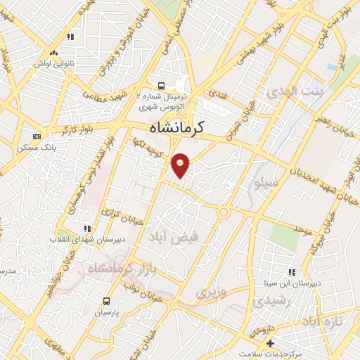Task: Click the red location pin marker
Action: (x=181, y=165)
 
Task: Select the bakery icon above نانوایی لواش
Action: (x=53, y=53)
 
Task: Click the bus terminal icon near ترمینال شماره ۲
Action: (x=162, y=86)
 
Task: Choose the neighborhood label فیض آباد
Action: (x=174, y=238)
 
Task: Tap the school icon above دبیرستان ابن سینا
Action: (x=291, y=272)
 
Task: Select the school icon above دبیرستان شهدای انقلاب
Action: (x=87, y=229)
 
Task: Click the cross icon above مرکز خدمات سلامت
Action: (x=270, y=342)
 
